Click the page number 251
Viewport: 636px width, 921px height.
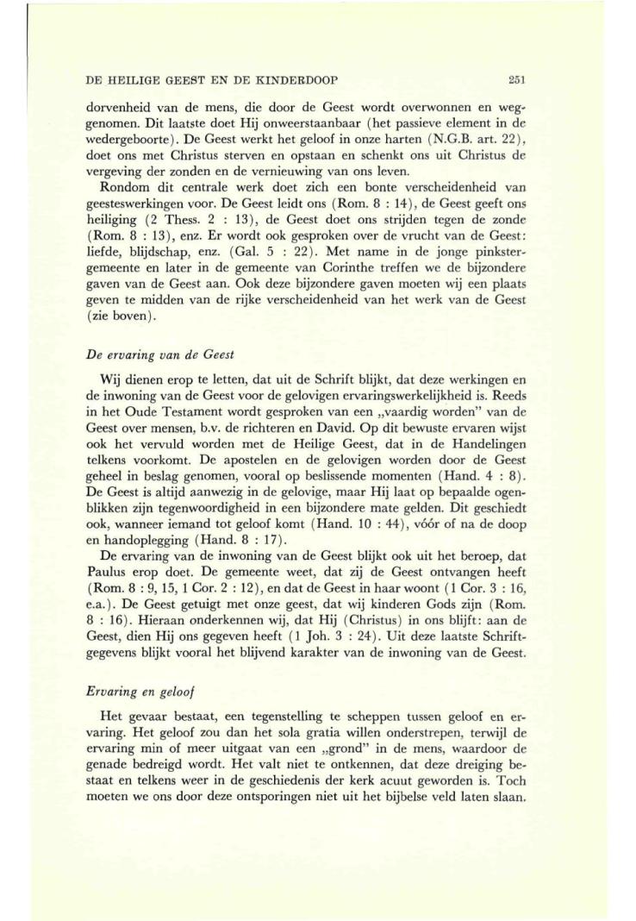(516, 79)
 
